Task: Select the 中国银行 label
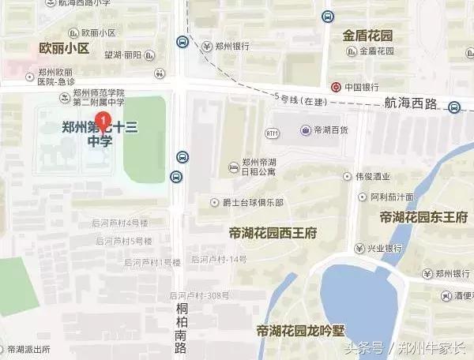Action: [362, 87]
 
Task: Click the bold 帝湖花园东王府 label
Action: [423, 217]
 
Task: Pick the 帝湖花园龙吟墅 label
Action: [302, 329]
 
